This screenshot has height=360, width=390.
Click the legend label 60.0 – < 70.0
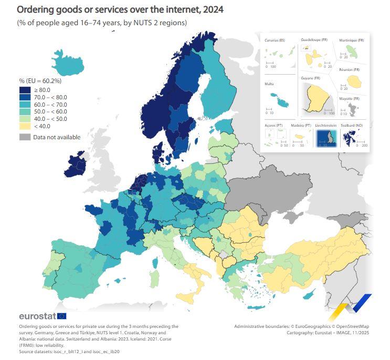pos(50,105)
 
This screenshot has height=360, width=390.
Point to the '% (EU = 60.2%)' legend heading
pos(40,81)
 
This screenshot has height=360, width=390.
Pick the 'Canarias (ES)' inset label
pos(275,40)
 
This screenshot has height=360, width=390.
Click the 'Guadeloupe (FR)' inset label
pos(313,39)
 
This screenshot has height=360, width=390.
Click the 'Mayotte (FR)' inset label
pos(349,99)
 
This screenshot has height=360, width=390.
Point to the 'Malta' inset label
pos(269,84)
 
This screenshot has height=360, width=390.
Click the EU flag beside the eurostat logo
pos(62,316)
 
